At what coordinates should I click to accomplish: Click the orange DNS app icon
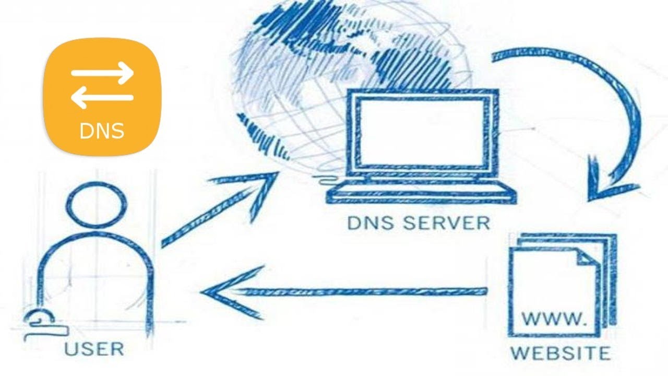point(102,97)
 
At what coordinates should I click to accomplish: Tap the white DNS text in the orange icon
point(102,131)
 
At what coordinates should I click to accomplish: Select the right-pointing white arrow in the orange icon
point(103,74)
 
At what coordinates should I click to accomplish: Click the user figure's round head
point(96,205)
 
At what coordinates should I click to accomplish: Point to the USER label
point(94,348)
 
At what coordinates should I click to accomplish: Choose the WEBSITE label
point(560,352)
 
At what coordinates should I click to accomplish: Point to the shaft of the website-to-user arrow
point(365,291)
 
